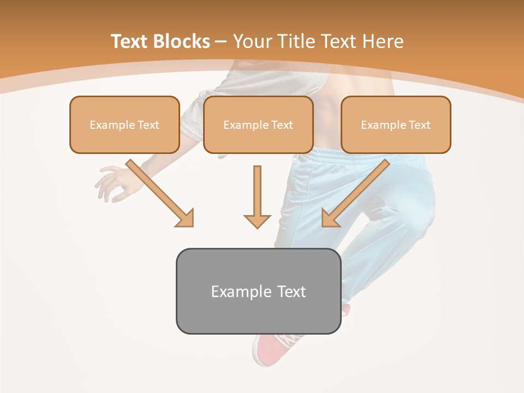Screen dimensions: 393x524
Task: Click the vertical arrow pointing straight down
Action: [257, 196]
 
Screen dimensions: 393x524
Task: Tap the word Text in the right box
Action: [419, 125]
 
